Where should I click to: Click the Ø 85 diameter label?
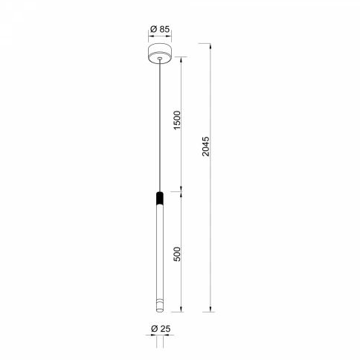tap(160, 29)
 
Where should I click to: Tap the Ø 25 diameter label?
tap(161, 329)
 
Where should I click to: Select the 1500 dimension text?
tap(178, 120)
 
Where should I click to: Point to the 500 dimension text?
tap(178, 254)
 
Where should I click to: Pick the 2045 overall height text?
tap(206, 147)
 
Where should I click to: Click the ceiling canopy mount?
tap(160, 54)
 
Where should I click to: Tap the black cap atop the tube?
tap(160, 198)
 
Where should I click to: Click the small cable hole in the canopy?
tap(160, 59)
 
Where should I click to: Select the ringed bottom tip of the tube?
tap(160, 306)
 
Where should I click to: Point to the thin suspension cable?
tap(160, 125)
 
